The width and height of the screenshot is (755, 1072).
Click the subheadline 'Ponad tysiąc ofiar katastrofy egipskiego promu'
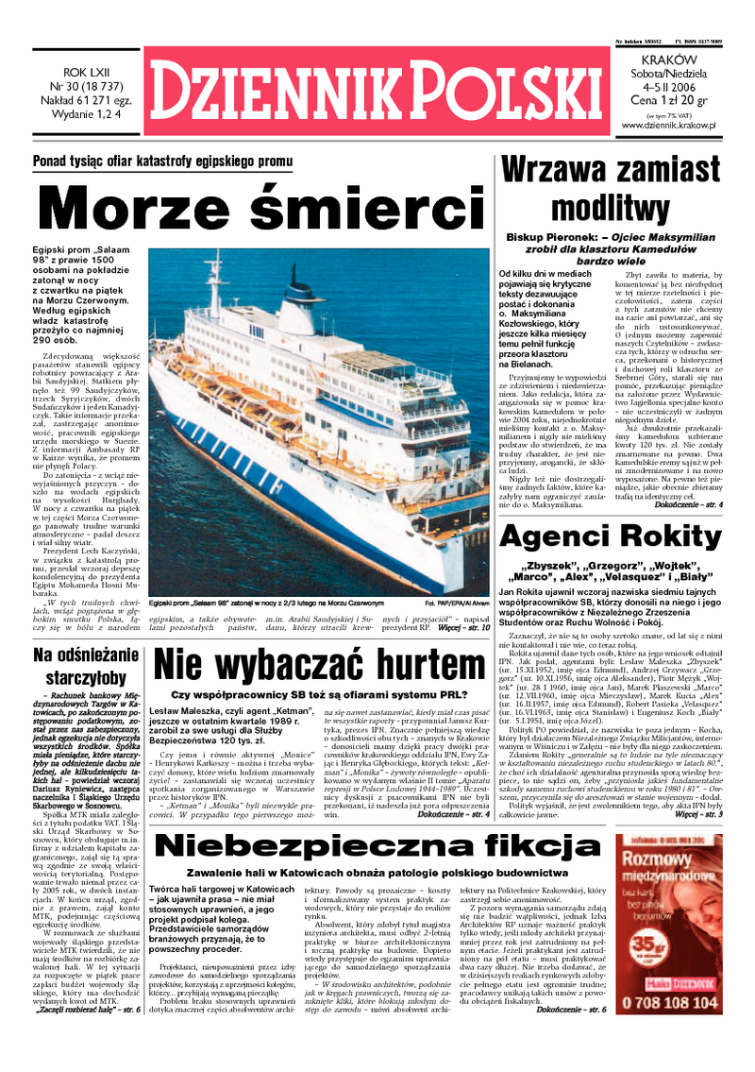tap(163, 162)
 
